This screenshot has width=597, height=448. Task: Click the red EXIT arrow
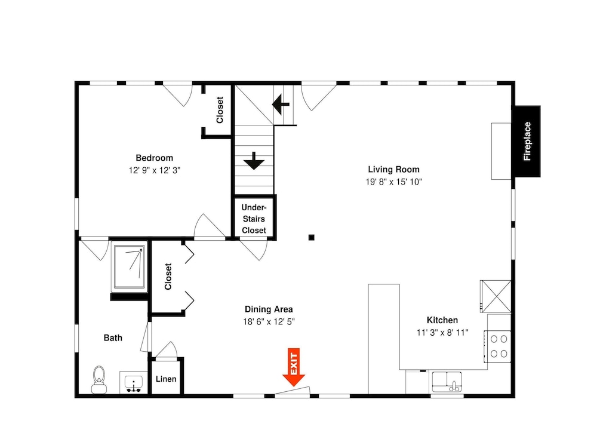point(294,367)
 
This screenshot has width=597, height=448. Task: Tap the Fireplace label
point(527,142)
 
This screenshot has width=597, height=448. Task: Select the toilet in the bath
point(99,379)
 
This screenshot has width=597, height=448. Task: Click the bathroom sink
point(134,382)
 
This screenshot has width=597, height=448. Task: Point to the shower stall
point(130,266)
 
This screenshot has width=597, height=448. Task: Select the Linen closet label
point(166,379)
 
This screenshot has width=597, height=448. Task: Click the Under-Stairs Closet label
point(254,219)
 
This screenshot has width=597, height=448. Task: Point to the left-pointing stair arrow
point(281,103)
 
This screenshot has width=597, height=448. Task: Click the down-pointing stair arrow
point(254,161)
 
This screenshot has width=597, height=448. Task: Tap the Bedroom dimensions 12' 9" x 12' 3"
point(154,170)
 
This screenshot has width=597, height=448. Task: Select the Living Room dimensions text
point(393,182)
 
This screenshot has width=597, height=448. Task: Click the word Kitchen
point(442,320)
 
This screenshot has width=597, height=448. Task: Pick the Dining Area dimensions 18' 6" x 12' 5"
point(269,322)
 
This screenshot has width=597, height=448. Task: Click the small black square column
point(312,237)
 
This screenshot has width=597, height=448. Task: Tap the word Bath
point(113,338)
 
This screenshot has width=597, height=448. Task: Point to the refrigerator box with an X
point(496,296)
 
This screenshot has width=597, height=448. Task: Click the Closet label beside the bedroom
point(220,110)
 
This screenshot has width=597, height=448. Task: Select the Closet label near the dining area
point(168,276)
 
